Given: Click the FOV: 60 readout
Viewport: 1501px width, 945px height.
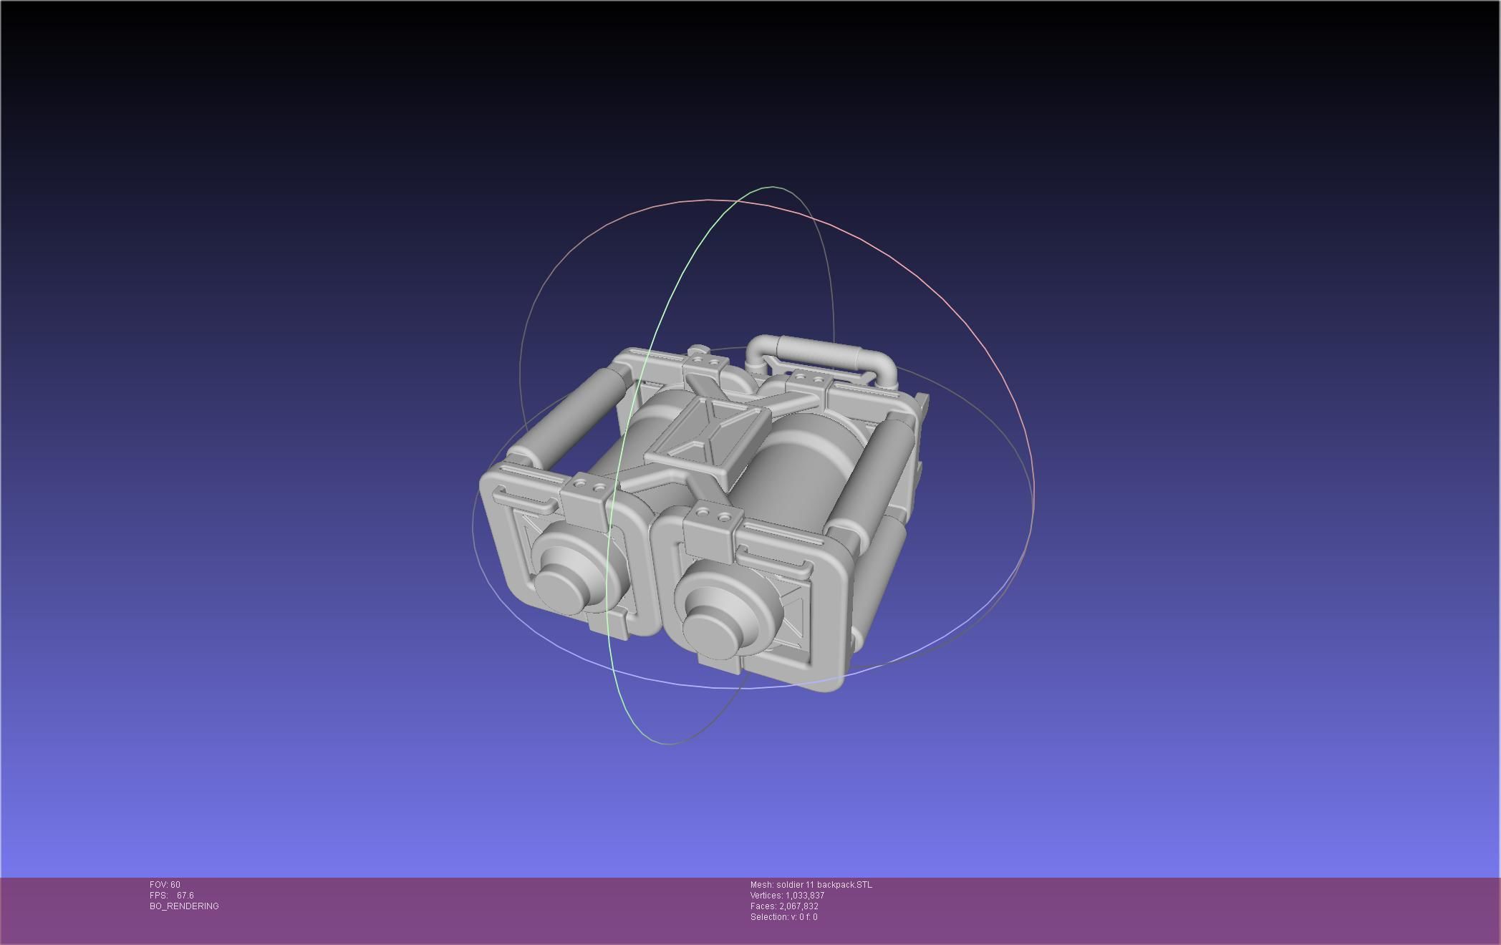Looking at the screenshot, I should (x=165, y=885).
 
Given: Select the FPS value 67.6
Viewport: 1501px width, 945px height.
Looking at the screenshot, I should (x=185, y=896).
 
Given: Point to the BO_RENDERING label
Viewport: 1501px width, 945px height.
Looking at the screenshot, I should (x=184, y=906).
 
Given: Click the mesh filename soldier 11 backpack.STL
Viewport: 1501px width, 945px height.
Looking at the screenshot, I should (x=824, y=885).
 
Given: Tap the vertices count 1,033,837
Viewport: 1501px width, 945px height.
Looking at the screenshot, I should (x=804, y=896).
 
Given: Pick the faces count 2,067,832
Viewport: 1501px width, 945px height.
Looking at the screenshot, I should (x=798, y=906).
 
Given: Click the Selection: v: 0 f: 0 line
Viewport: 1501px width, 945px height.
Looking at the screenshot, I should (x=783, y=917).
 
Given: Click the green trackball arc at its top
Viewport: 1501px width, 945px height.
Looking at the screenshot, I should (x=772, y=188).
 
